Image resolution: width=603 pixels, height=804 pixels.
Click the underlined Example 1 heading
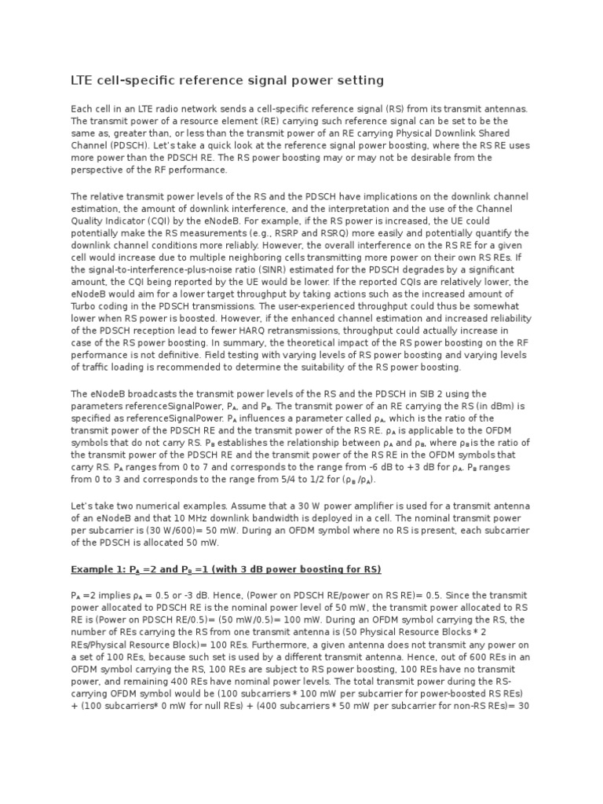pos(226,568)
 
